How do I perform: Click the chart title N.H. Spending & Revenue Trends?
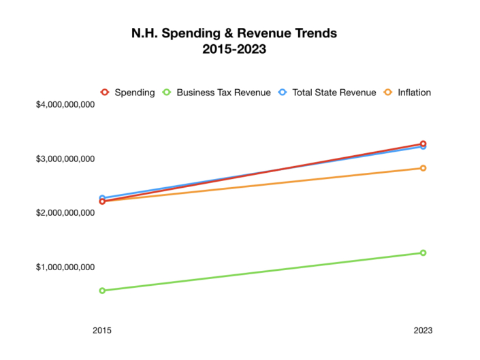[x=234, y=33]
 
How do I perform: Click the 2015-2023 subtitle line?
[x=234, y=49]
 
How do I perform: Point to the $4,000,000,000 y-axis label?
[x=65, y=105]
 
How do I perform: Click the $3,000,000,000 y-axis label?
[x=65, y=159]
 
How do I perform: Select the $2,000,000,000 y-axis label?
[x=65, y=213]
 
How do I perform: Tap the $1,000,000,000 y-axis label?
[x=65, y=267]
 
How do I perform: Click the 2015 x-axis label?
[x=102, y=330]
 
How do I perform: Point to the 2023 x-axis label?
[x=423, y=330]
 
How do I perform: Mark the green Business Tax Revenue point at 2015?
[x=102, y=291]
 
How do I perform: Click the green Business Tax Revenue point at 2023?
[x=423, y=252]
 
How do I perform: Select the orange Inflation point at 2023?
[x=423, y=168]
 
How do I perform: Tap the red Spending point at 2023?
[x=423, y=144]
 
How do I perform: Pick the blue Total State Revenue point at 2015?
[x=102, y=197]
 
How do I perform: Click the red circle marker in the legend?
[x=105, y=93]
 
